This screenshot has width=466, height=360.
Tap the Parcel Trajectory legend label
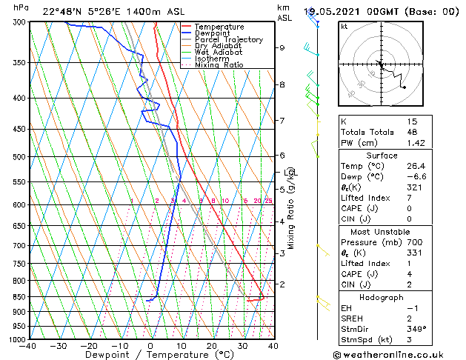pyautogui.click(x=228, y=40)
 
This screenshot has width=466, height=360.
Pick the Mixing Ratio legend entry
pyautogui.click(x=219, y=65)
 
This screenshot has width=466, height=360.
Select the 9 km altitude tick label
pyautogui.click(x=282, y=48)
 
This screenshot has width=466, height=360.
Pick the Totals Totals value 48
pyautogui.click(x=413, y=132)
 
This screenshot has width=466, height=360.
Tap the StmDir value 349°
pyautogui.click(x=417, y=329)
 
